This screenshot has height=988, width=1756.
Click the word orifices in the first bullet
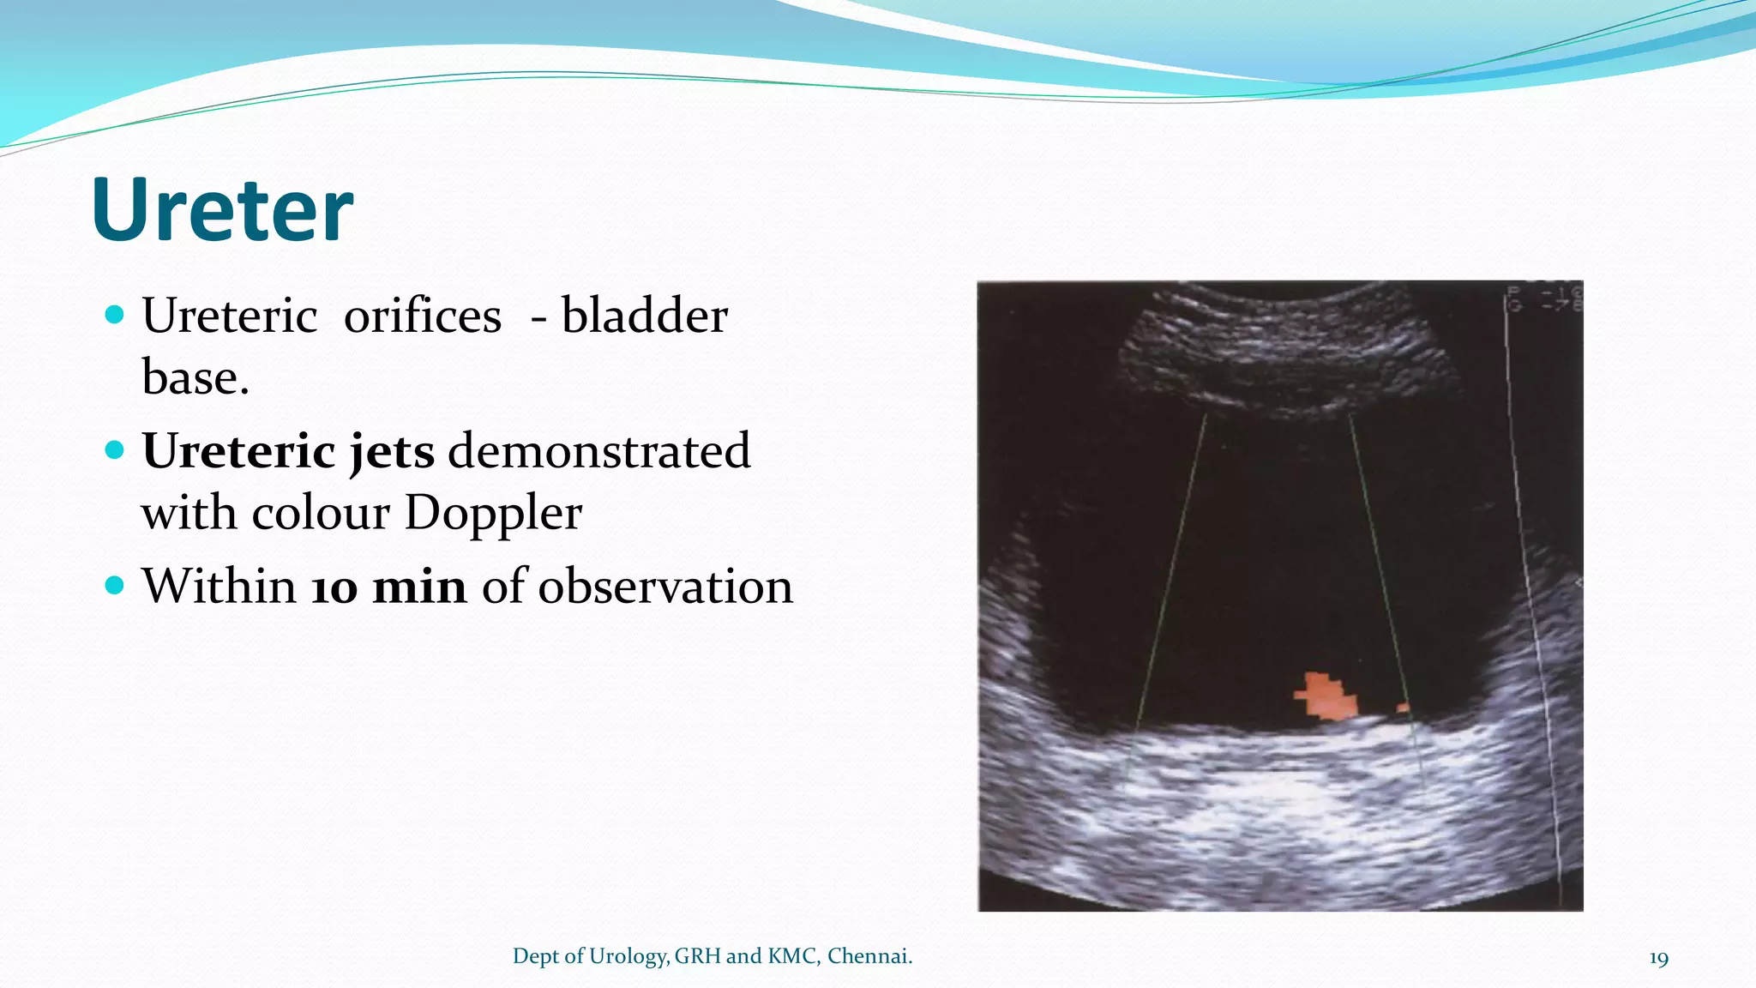[x=422, y=316]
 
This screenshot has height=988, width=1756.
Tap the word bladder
[x=644, y=316]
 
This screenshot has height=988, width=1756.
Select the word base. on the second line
[x=195, y=378]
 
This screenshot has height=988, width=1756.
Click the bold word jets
[x=392, y=452]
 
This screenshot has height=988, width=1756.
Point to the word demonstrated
[x=598, y=452]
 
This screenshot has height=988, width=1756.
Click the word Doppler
[x=493, y=514]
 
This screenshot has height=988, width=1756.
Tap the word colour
[x=321, y=514]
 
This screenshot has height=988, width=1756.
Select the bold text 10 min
[x=388, y=587]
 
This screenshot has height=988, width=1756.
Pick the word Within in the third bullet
[x=219, y=587]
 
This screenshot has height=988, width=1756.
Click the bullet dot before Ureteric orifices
[x=114, y=314]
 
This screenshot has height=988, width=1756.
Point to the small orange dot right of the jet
[x=1404, y=708]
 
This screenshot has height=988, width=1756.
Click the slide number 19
[x=1658, y=958]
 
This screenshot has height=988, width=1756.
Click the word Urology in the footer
[x=628, y=956]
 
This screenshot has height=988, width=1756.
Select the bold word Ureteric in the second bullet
[x=238, y=452]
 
